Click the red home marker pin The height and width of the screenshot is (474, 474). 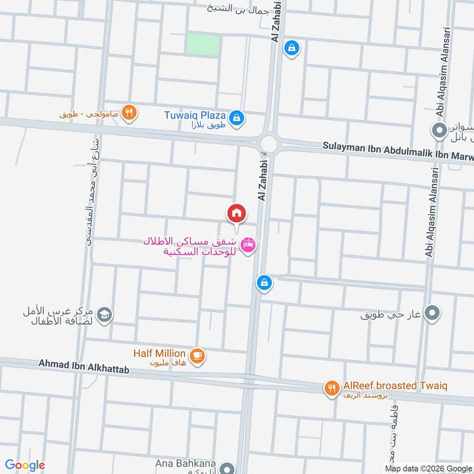236,213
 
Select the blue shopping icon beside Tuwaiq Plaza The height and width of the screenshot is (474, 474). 236,117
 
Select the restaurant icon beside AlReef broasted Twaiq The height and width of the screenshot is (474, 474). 331,388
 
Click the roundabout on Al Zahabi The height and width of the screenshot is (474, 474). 268,143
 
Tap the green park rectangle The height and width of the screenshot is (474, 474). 203,44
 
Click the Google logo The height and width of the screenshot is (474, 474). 24,465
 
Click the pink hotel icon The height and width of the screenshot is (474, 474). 249,244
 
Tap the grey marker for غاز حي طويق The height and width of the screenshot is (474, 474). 433,312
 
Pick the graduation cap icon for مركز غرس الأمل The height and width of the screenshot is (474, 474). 104,315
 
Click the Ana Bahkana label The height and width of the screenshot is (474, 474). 185,463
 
